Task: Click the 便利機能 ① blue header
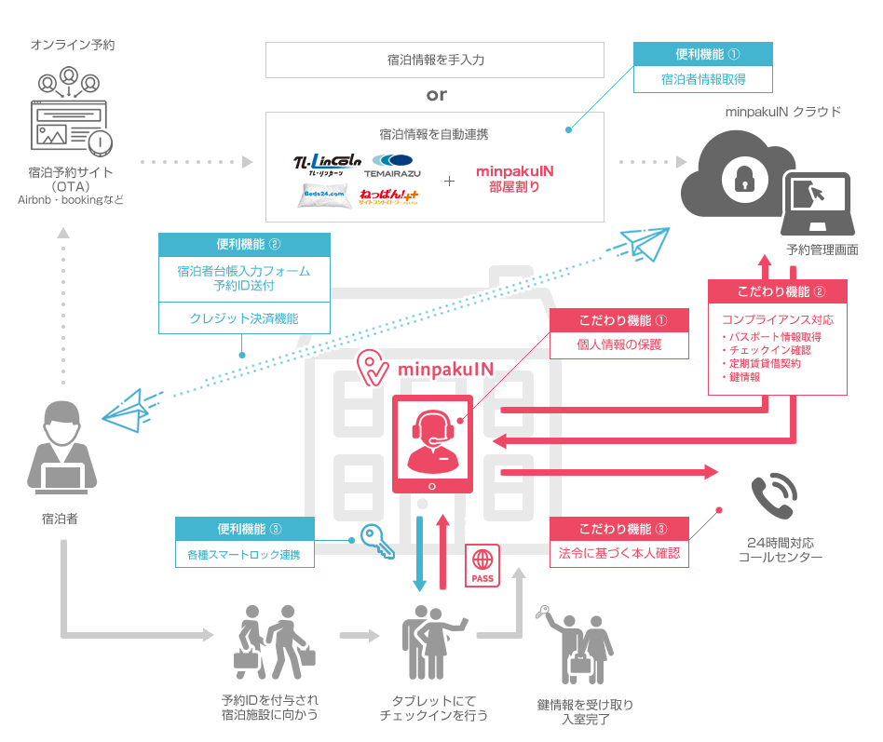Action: coord(703,54)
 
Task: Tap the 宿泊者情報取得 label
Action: coord(703,80)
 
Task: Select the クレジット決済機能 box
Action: coord(244,317)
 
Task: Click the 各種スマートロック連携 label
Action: coord(244,556)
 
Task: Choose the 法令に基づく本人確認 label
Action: coord(619,554)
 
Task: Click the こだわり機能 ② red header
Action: coord(778,291)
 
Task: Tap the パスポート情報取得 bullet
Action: coord(773,336)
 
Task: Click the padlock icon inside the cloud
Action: coord(743,181)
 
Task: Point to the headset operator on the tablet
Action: coord(430,438)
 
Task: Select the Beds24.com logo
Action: coord(324,196)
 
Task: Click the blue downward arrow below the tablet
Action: coord(420,553)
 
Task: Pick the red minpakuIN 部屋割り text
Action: coord(514,179)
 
